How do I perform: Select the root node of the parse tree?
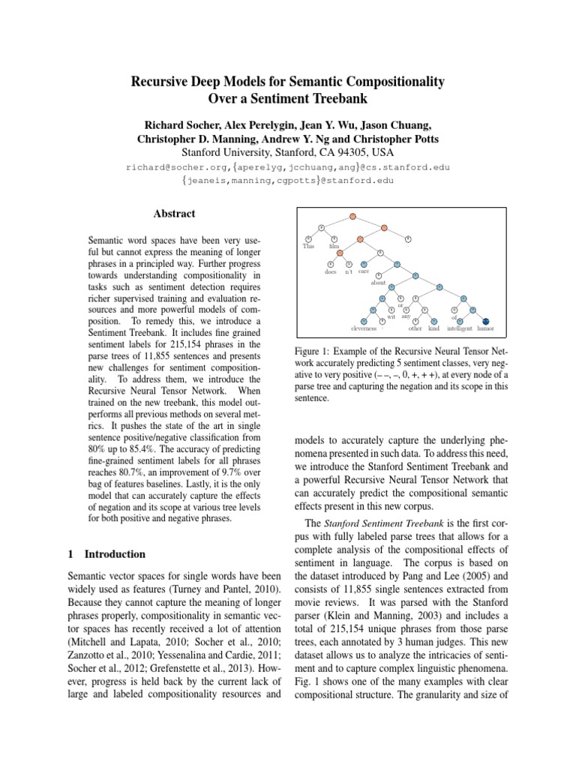(351, 217)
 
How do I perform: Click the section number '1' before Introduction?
(70, 554)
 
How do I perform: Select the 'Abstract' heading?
(174, 214)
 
